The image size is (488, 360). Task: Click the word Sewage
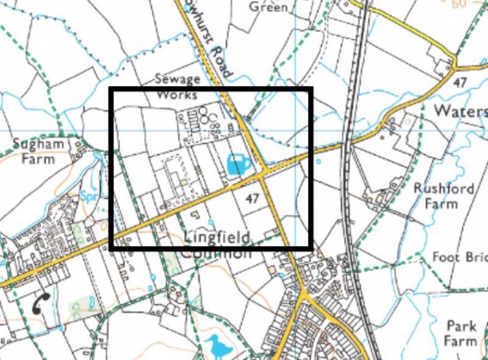(x=178, y=79)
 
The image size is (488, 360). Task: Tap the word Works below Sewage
(x=178, y=95)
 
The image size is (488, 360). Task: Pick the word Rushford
(x=444, y=189)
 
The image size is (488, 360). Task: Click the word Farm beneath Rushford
(x=440, y=203)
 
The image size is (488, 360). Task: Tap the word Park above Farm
(x=461, y=326)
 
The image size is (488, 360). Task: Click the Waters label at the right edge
(x=461, y=111)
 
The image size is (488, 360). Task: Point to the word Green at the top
(x=268, y=7)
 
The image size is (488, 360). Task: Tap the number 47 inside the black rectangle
(x=252, y=198)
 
